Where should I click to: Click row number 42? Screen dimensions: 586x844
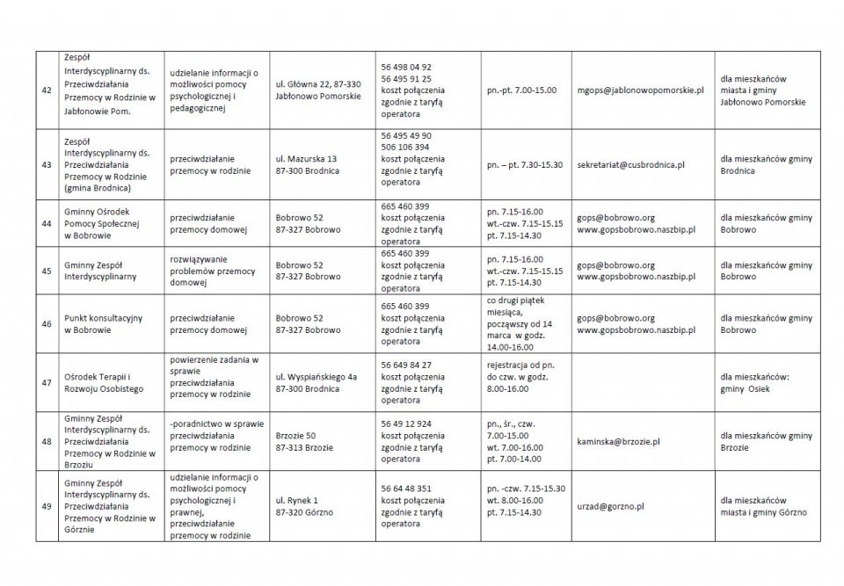click(47, 90)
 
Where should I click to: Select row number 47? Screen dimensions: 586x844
click(47, 382)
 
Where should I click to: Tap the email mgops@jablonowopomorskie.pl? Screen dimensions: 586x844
click(641, 90)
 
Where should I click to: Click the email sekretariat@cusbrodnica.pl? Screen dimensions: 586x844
click(630, 165)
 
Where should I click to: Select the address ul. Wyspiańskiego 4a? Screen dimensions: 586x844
click(316, 376)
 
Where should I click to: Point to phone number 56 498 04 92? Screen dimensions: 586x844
click(406, 67)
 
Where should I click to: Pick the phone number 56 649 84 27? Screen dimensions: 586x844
click(406, 365)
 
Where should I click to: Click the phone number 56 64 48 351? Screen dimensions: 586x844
click(406, 488)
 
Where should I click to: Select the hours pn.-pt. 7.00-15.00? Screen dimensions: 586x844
click(521, 90)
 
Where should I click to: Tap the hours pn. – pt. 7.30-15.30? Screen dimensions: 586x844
click(524, 165)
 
